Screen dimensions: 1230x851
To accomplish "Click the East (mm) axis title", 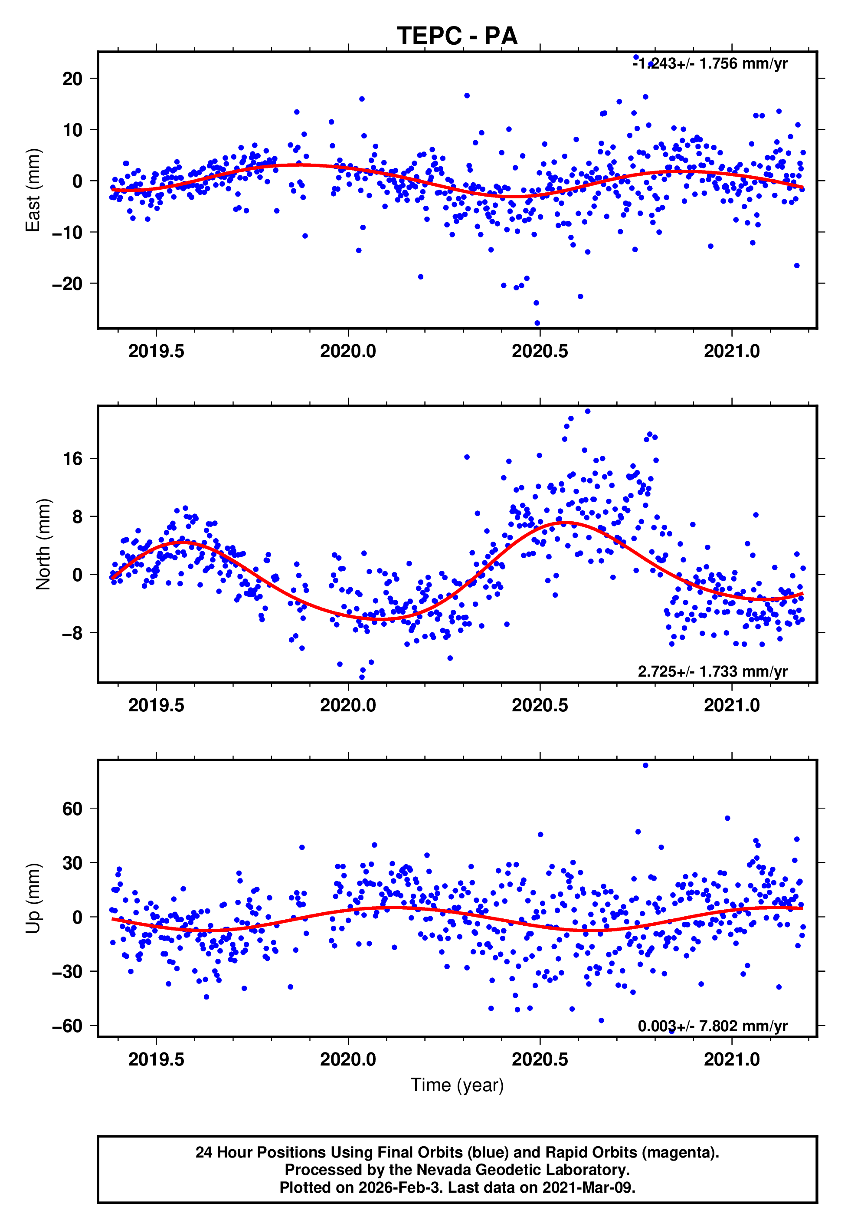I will pos(33,190).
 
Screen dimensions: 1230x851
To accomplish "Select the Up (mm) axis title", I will pos(33,898).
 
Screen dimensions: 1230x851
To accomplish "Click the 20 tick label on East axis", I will pos(72,79).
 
